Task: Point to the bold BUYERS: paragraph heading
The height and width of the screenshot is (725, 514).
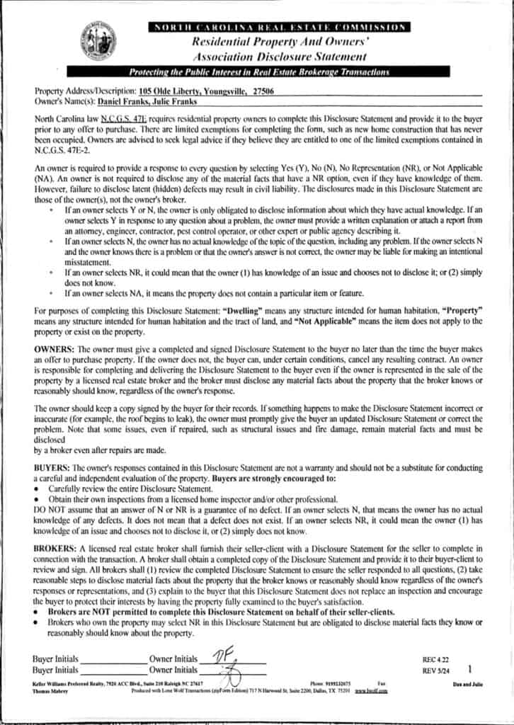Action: pyautogui.click(x=52, y=468)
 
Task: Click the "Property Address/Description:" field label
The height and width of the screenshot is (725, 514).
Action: pyautogui.click(x=85, y=91)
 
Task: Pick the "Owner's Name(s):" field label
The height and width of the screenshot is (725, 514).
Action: pyautogui.click(x=64, y=101)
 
